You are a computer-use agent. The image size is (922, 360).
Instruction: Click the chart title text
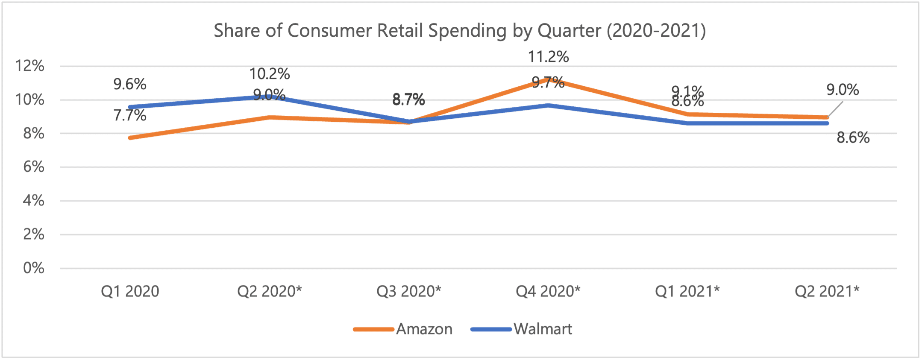pyautogui.click(x=460, y=31)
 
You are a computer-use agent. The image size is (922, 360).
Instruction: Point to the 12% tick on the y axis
pyautogui.click(x=30, y=66)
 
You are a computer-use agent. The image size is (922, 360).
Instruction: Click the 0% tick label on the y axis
pyautogui.click(x=33, y=268)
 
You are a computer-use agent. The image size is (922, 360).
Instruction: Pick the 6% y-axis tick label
pyautogui.click(x=33, y=167)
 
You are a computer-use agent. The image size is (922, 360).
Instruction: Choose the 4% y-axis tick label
pyautogui.click(x=33, y=200)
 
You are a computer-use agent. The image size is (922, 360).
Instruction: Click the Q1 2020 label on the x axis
pyautogui.click(x=130, y=291)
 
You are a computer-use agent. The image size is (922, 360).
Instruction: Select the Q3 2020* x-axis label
pyautogui.click(x=408, y=291)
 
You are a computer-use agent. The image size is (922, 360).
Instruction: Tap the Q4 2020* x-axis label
pyautogui.click(x=548, y=291)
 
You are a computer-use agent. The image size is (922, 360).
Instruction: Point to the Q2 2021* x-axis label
pyautogui.click(x=827, y=291)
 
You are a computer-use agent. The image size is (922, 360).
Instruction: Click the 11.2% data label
pyautogui.click(x=548, y=57)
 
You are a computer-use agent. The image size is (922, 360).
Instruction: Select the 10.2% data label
pyautogui.click(x=270, y=74)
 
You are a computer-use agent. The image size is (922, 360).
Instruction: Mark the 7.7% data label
pyautogui.click(x=130, y=115)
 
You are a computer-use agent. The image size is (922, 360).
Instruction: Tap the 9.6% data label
pyautogui.click(x=130, y=84)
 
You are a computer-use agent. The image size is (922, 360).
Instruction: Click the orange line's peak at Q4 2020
pyautogui.click(x=548, y=79)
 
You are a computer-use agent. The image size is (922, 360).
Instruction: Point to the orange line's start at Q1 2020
pyautogui.click(x=130, y=138)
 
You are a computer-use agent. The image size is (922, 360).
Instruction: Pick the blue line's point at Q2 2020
pyautogui.click(x=270, y=97)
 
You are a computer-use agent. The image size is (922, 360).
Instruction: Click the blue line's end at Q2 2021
pyautogui.click(x=827, y=123)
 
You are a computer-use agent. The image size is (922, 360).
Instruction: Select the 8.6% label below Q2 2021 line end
pyautogui.click(x=853, y=138)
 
